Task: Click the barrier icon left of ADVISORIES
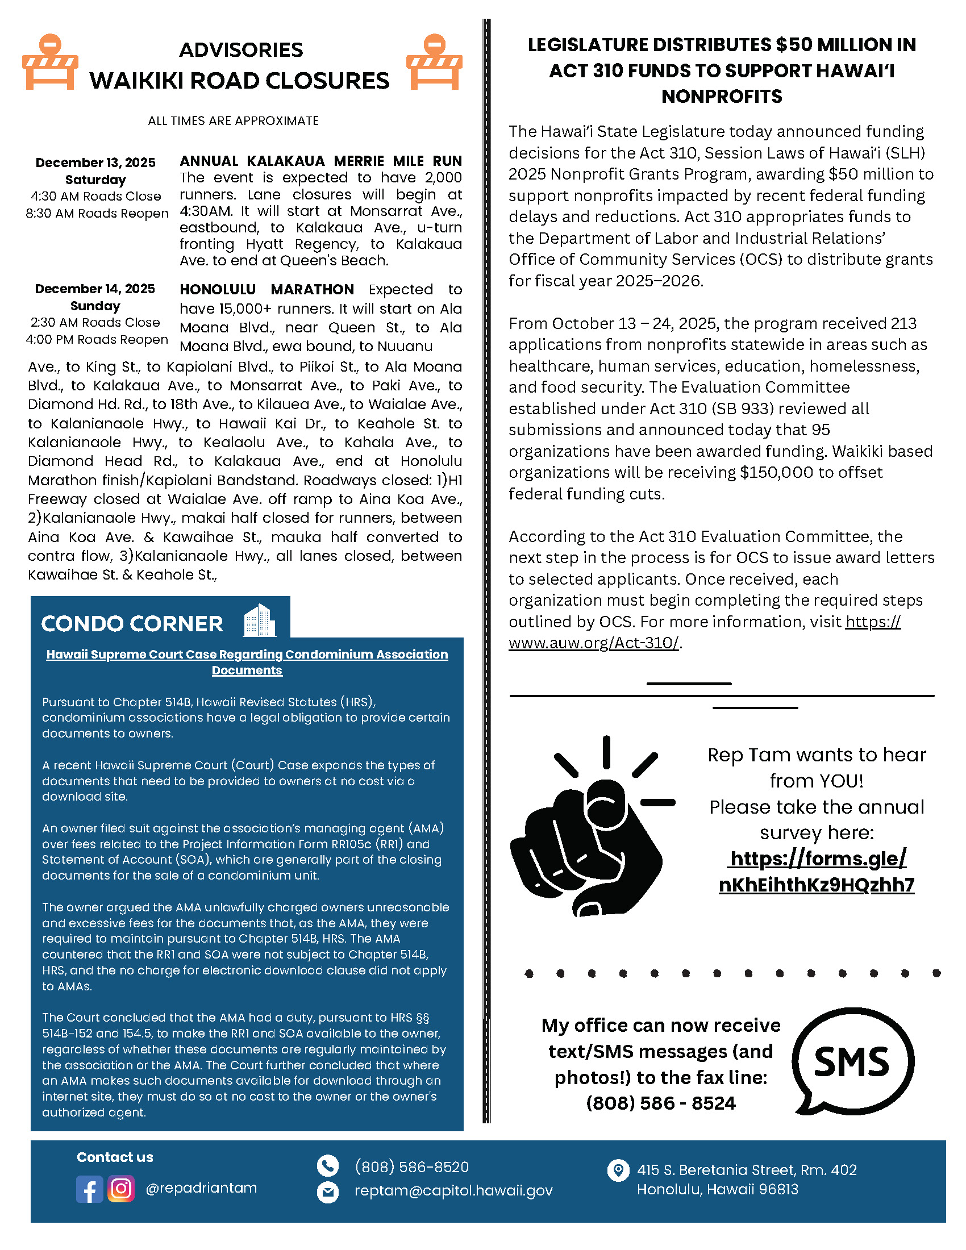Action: [x=50, y=63]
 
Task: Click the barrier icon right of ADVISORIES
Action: [x=434, y=63]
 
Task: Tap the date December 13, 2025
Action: [x=95, y=163]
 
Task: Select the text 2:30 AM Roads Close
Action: [x=95, y=322]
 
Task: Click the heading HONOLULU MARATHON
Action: [x=267, y=290]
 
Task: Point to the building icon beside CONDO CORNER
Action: [x=259, y=620]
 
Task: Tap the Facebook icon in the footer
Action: [x=89, y=1189]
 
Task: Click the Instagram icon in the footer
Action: [x=120, y=1188]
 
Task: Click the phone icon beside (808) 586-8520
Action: [x=327, y=1166]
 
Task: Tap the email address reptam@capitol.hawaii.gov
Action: [x=453, y=1190]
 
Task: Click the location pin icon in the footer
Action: [x=618, y=1170]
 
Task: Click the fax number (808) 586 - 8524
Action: [x=660, y=1103]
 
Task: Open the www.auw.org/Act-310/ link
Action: [x=593, y=643]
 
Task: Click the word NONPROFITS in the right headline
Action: [x=721, y=96]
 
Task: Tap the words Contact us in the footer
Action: [x=114, y=1157]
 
